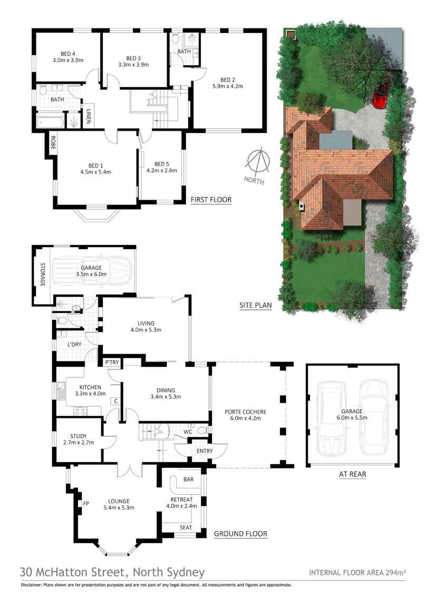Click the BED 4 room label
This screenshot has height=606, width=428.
point(68,54)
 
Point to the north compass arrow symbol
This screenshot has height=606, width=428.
point(257,159)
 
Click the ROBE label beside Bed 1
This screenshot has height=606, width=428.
point(53,143)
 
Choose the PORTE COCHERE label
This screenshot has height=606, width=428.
point(246,412)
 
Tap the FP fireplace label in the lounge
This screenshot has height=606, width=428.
point(86,504)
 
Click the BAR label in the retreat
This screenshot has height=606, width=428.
point(188,479)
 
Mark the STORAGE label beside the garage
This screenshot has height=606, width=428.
point(43,275)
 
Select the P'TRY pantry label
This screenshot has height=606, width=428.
point(112,362)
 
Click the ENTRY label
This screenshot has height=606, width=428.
point(205,451)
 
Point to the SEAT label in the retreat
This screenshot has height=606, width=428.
point(186,527)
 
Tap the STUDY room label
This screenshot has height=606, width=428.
point(79,436)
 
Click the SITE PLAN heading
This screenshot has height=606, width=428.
point(256,305)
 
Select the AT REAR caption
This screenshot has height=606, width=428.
point(352,474)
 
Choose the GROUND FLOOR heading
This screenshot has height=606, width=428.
point(240,534)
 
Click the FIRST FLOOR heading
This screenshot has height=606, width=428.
point(211,200)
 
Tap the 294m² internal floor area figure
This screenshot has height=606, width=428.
point(395,572)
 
